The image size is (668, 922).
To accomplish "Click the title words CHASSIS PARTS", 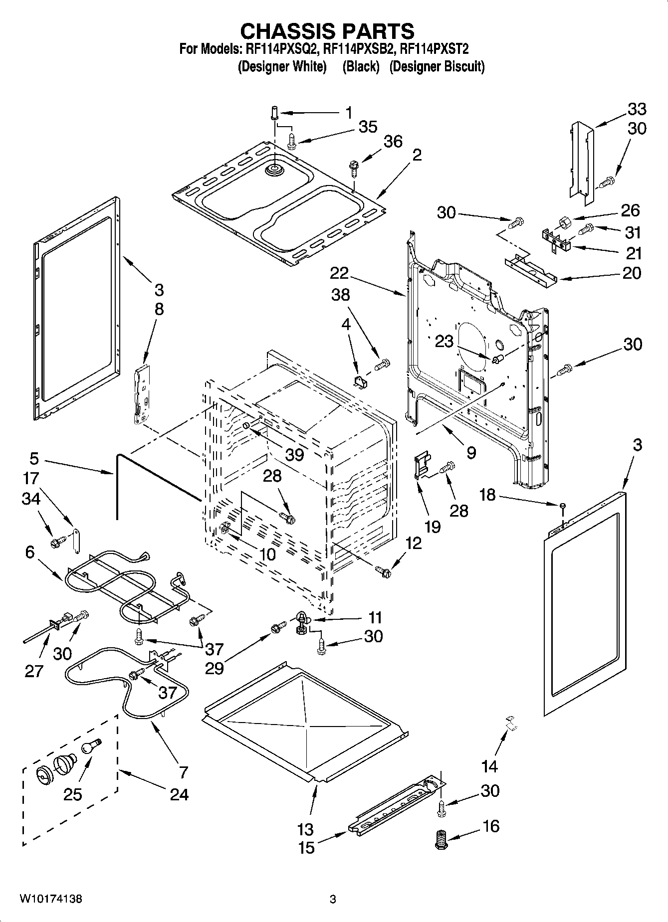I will tap(327, 31).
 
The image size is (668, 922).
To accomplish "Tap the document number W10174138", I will tap(51, 900).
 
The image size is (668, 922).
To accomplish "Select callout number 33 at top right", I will tap(637, 109).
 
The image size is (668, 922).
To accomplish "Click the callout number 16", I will tap(490, 826).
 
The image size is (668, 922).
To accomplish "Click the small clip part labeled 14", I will tap(509, 723).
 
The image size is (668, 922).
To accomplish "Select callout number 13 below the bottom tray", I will tap(305, 830).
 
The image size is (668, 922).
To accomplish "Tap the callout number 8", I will tap(159, 309).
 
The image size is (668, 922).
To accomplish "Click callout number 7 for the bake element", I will tap(183, 772).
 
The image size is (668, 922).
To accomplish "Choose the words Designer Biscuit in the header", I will tap(437, 66).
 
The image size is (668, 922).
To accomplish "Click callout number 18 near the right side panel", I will tap(487, 495).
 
